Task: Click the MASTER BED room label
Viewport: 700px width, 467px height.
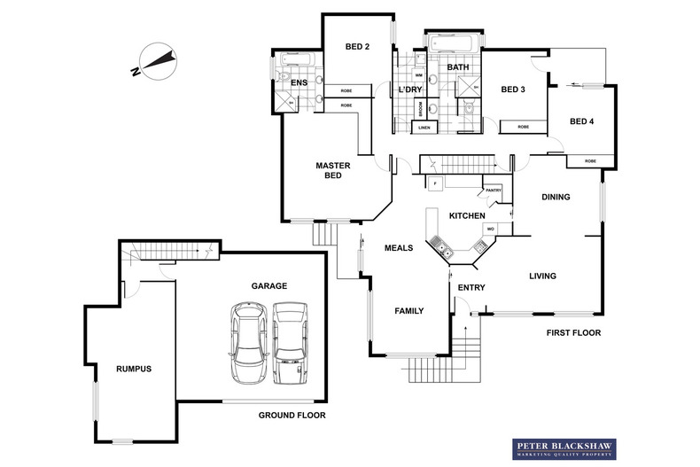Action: pyautogui.click(x=334, y=170)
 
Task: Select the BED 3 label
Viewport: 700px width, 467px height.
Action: pyautogui.click(x=513, y=89)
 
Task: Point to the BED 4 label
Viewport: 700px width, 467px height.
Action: pyautogui.click(x=582, y=121)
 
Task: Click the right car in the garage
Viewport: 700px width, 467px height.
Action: pyautogui.click(x=290, y=343)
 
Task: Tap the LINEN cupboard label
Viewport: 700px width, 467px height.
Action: pyautogui.click(x=424, y=128)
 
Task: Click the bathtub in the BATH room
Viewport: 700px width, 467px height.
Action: pyautogui.click(x=455, y=43)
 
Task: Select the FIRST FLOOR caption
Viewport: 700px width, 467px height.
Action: pyautogui.click(x=574, y=333)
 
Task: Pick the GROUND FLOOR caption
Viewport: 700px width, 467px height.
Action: pyautogui.click(x=292, y=415)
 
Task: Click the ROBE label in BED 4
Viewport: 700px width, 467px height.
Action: pyautogui.click(x=589, y=161)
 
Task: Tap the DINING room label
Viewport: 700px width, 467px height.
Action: pyautogui.click(x=556, y=197)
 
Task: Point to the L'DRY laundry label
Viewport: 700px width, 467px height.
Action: pyautogui.click(x=409, y=91)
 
